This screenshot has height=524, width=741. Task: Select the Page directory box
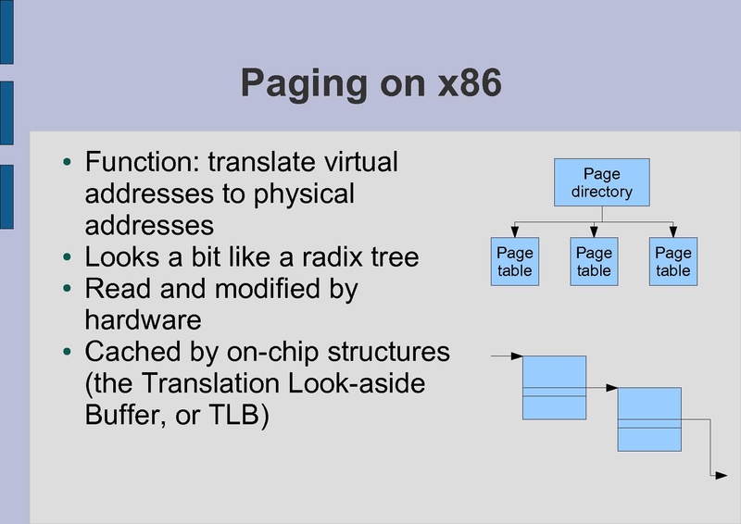click(x=601, y=182)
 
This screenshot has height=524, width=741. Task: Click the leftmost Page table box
click(x=514, y=261)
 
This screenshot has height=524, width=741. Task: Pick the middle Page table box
click(x=594, y=261)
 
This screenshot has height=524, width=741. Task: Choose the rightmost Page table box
click(x=673, y=261)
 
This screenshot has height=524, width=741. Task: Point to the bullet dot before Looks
click(x=66, y=256)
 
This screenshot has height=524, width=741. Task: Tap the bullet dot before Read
click(x=66, y=288)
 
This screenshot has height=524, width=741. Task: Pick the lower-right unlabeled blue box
click(x=649, y=419)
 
